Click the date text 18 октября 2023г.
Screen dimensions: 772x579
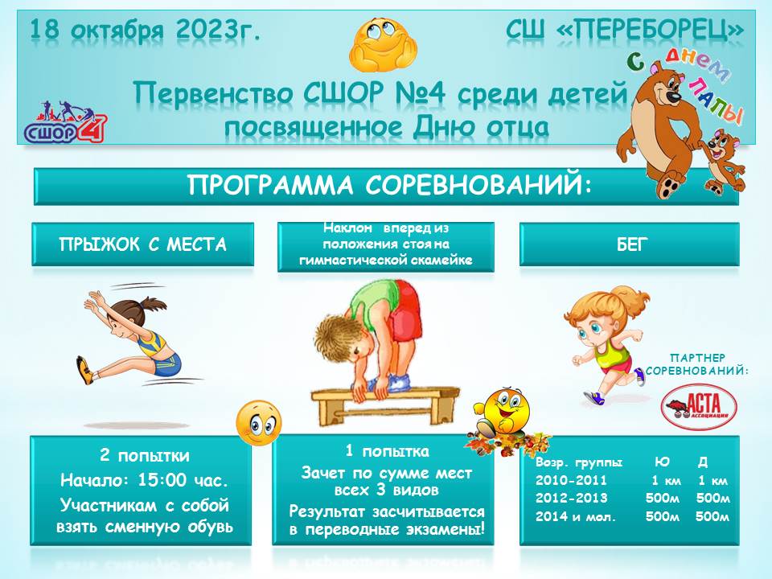(x=146, y=31)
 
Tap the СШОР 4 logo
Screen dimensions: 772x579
(x=65, y=121)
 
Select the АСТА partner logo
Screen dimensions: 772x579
(x=698, y=407)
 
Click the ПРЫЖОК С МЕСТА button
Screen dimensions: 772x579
(x=143, y=244)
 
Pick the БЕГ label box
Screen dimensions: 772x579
(x=629, y=244)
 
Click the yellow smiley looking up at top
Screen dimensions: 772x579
(x=383, y=45)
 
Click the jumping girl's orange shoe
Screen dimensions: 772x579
(x=84, y=370)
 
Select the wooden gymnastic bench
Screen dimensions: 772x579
(x=385, y=404)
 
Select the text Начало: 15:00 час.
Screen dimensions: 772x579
(x=145, y=480)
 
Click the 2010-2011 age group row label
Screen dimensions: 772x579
(x=571, y=480)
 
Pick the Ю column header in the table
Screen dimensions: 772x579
(x=662, y=462)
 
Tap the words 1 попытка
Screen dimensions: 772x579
(x=388, y=451)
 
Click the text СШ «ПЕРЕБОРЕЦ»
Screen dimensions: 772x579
(x=624, y=31)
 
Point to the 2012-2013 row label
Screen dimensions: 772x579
(x=571, y=498)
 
